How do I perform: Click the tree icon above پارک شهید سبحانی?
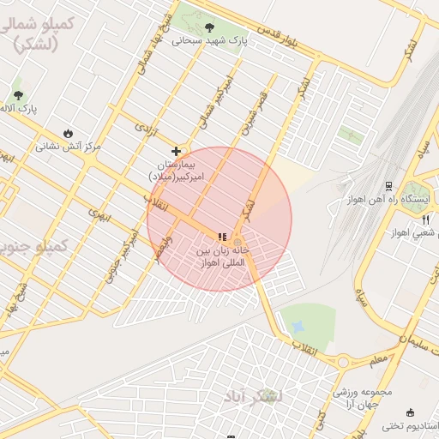[209, 27]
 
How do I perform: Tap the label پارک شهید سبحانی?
[209, 40]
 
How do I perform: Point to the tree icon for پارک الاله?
[18, 94]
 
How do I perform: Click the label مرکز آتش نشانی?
[68, 146]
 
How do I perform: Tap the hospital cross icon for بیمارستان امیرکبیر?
[177, 151]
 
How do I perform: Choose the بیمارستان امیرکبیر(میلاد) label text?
[173, 169]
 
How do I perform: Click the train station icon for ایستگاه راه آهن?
[388, 185]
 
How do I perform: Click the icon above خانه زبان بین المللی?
[222, 237]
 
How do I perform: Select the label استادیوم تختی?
[410, 426]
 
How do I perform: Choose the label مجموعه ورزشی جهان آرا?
[362, 398]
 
